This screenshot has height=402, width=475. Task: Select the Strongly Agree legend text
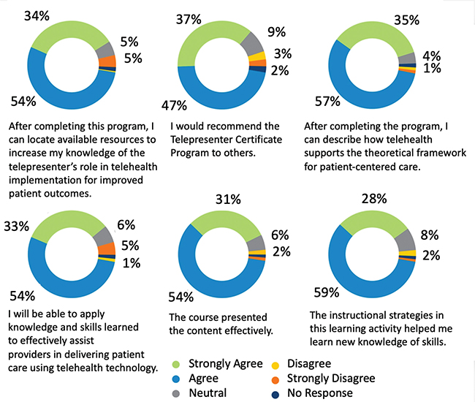227,363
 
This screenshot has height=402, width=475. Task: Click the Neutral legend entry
207,392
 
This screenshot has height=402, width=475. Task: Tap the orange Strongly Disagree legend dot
275,378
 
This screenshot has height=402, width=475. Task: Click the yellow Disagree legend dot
275,363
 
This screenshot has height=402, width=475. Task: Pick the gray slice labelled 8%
404,238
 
